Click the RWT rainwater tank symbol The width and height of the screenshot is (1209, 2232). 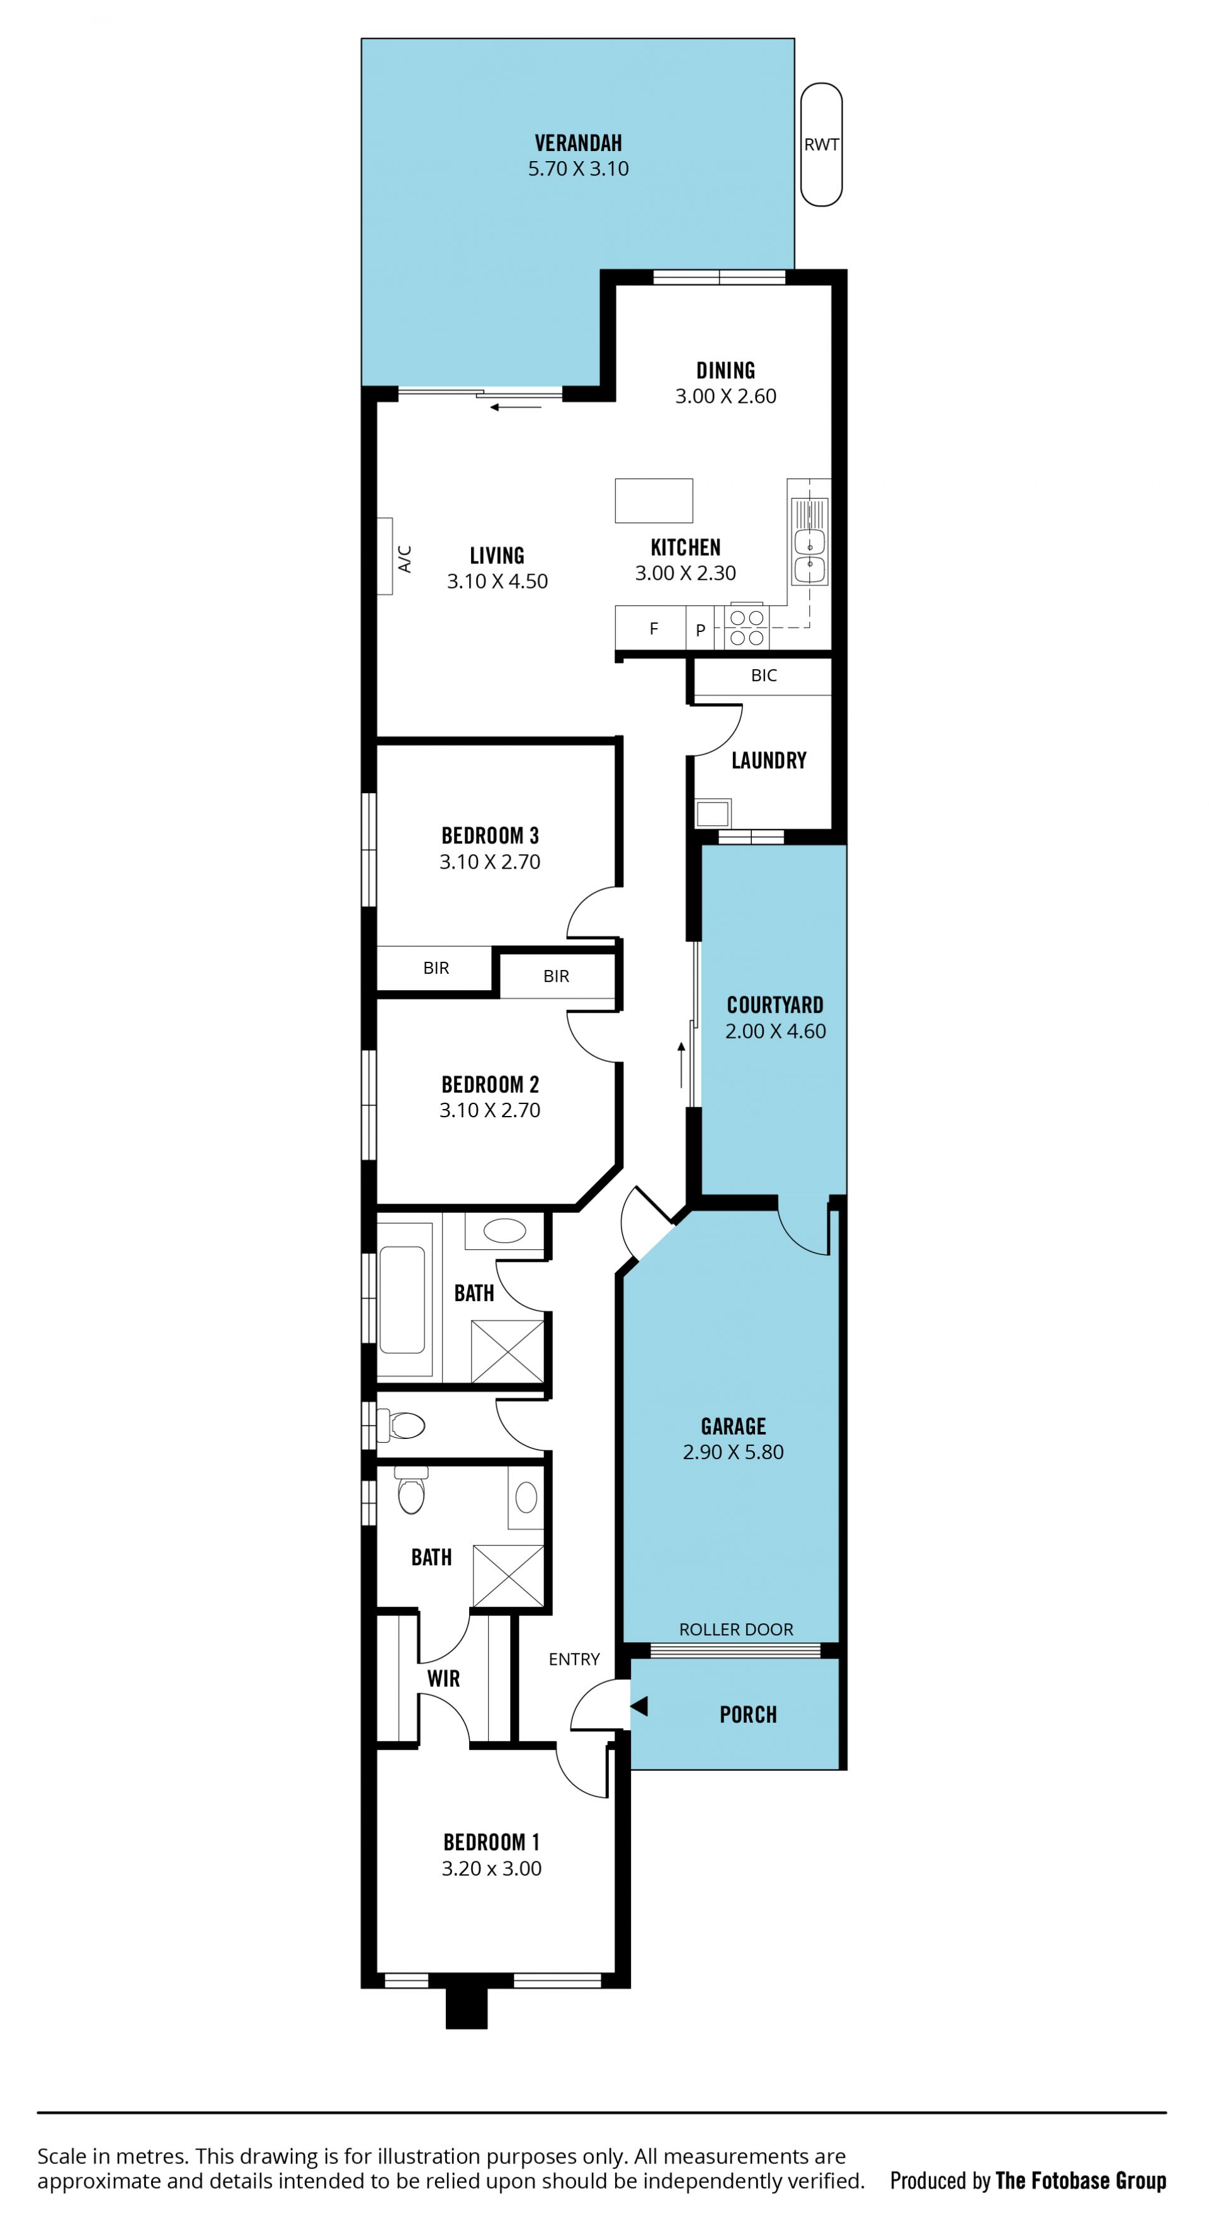click(820, 145)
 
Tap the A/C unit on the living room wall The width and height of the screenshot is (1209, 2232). click(385, 556)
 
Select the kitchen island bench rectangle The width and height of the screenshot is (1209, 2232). click(654, 501)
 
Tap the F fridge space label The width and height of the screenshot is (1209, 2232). click(654, 628)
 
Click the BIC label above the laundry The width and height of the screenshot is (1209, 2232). click(764, 675)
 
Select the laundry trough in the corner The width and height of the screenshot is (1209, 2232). click(713, 814)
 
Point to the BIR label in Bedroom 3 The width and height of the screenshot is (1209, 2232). click(436, 968)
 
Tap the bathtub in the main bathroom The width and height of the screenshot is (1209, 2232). click(402, 1300)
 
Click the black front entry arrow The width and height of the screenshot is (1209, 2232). click(640, 1706)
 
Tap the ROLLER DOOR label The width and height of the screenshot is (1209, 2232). click(736, 1629)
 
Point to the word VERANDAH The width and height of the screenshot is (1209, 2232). click(578, 143)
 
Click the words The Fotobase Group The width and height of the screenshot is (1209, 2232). click(1081, 2180)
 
